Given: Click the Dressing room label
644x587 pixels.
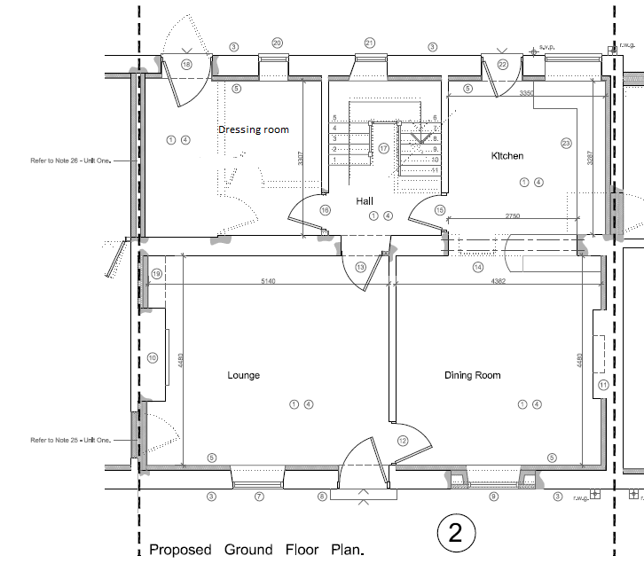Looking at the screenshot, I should [254, 129].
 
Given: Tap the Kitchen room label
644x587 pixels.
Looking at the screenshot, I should [507, 156].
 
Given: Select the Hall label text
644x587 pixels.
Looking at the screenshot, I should [365, 201].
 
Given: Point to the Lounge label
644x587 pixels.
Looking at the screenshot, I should [244, 375].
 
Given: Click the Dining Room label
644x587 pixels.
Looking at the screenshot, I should [472, 375].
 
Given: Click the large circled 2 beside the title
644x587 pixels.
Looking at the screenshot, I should [456, 534].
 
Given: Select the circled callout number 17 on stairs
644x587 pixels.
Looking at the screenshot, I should [384, 148].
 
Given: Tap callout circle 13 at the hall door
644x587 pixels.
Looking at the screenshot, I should [360, 267].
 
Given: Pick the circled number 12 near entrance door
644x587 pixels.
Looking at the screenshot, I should [403, 441].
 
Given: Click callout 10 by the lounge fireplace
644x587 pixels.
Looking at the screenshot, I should [153, 358].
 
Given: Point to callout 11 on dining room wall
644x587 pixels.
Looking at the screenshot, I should [603, 385].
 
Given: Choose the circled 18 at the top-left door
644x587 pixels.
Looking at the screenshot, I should [186, 65].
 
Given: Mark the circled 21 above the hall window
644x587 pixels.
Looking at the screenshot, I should [370, 43].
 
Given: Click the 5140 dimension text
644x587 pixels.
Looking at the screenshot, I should [268, 281].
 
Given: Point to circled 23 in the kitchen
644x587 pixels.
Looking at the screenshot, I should [565, 143].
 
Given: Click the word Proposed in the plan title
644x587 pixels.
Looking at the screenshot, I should [180, 550].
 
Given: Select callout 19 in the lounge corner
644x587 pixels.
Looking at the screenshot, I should [157, 275].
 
